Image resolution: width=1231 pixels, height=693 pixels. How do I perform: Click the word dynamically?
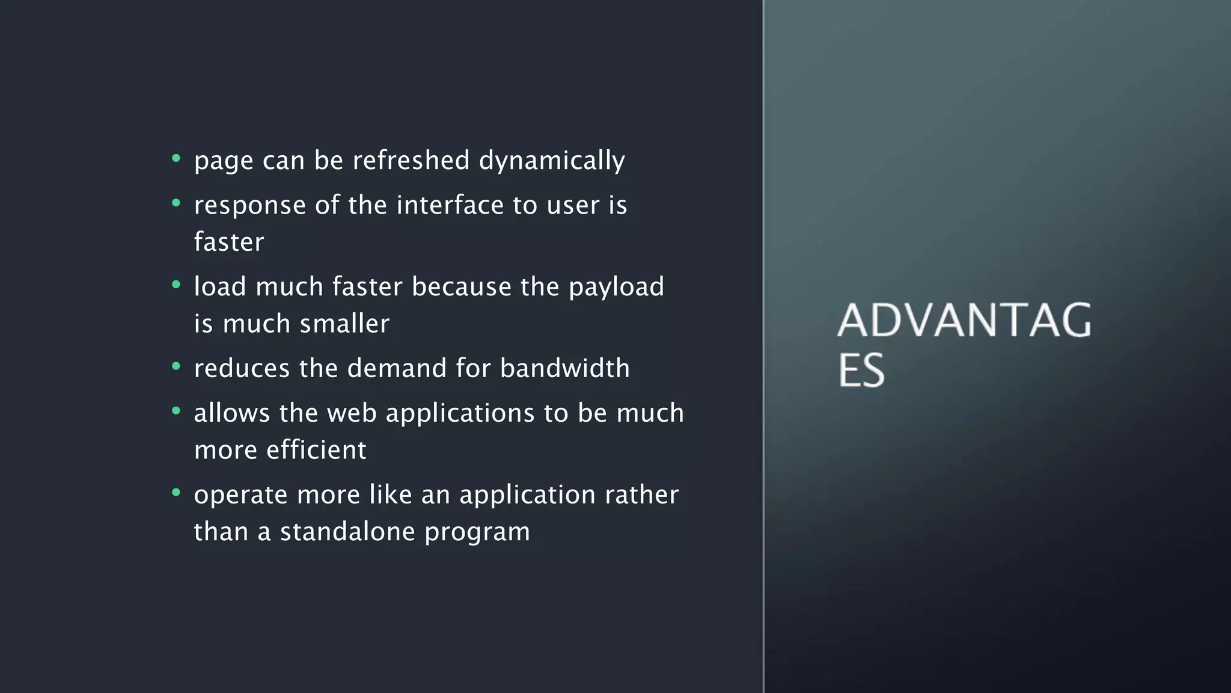552,161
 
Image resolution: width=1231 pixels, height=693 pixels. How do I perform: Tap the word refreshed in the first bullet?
411,160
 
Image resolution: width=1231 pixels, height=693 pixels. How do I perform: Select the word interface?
450,205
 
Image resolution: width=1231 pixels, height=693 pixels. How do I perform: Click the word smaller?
344,324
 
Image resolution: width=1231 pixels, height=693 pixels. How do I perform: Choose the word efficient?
316,450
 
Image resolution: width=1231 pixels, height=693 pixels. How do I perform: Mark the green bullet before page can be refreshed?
176,158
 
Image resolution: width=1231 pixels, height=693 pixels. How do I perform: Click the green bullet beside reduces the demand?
176,366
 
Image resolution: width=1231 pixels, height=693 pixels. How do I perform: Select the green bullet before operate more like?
176,493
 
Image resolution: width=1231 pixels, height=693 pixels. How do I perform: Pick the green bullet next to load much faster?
176,285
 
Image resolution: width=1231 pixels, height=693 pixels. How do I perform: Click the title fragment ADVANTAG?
964,320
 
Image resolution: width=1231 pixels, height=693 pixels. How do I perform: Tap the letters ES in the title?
861,371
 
